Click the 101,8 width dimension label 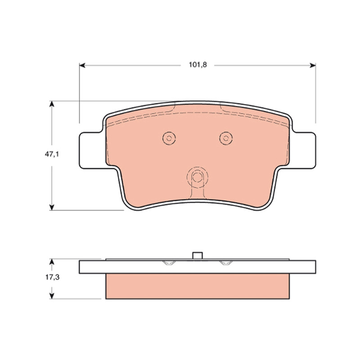click(198, 65)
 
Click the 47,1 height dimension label click(52, 154)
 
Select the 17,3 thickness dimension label click(52, 277)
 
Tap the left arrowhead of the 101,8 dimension click(82, 65)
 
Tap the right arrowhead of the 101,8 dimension click(313, 65)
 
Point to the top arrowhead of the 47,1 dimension click(52, 104)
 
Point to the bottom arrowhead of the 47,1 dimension click(52, 207)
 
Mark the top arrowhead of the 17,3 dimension click(52, 262)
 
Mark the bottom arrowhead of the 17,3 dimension click(52, 296)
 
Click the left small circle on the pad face click(169, 138)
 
